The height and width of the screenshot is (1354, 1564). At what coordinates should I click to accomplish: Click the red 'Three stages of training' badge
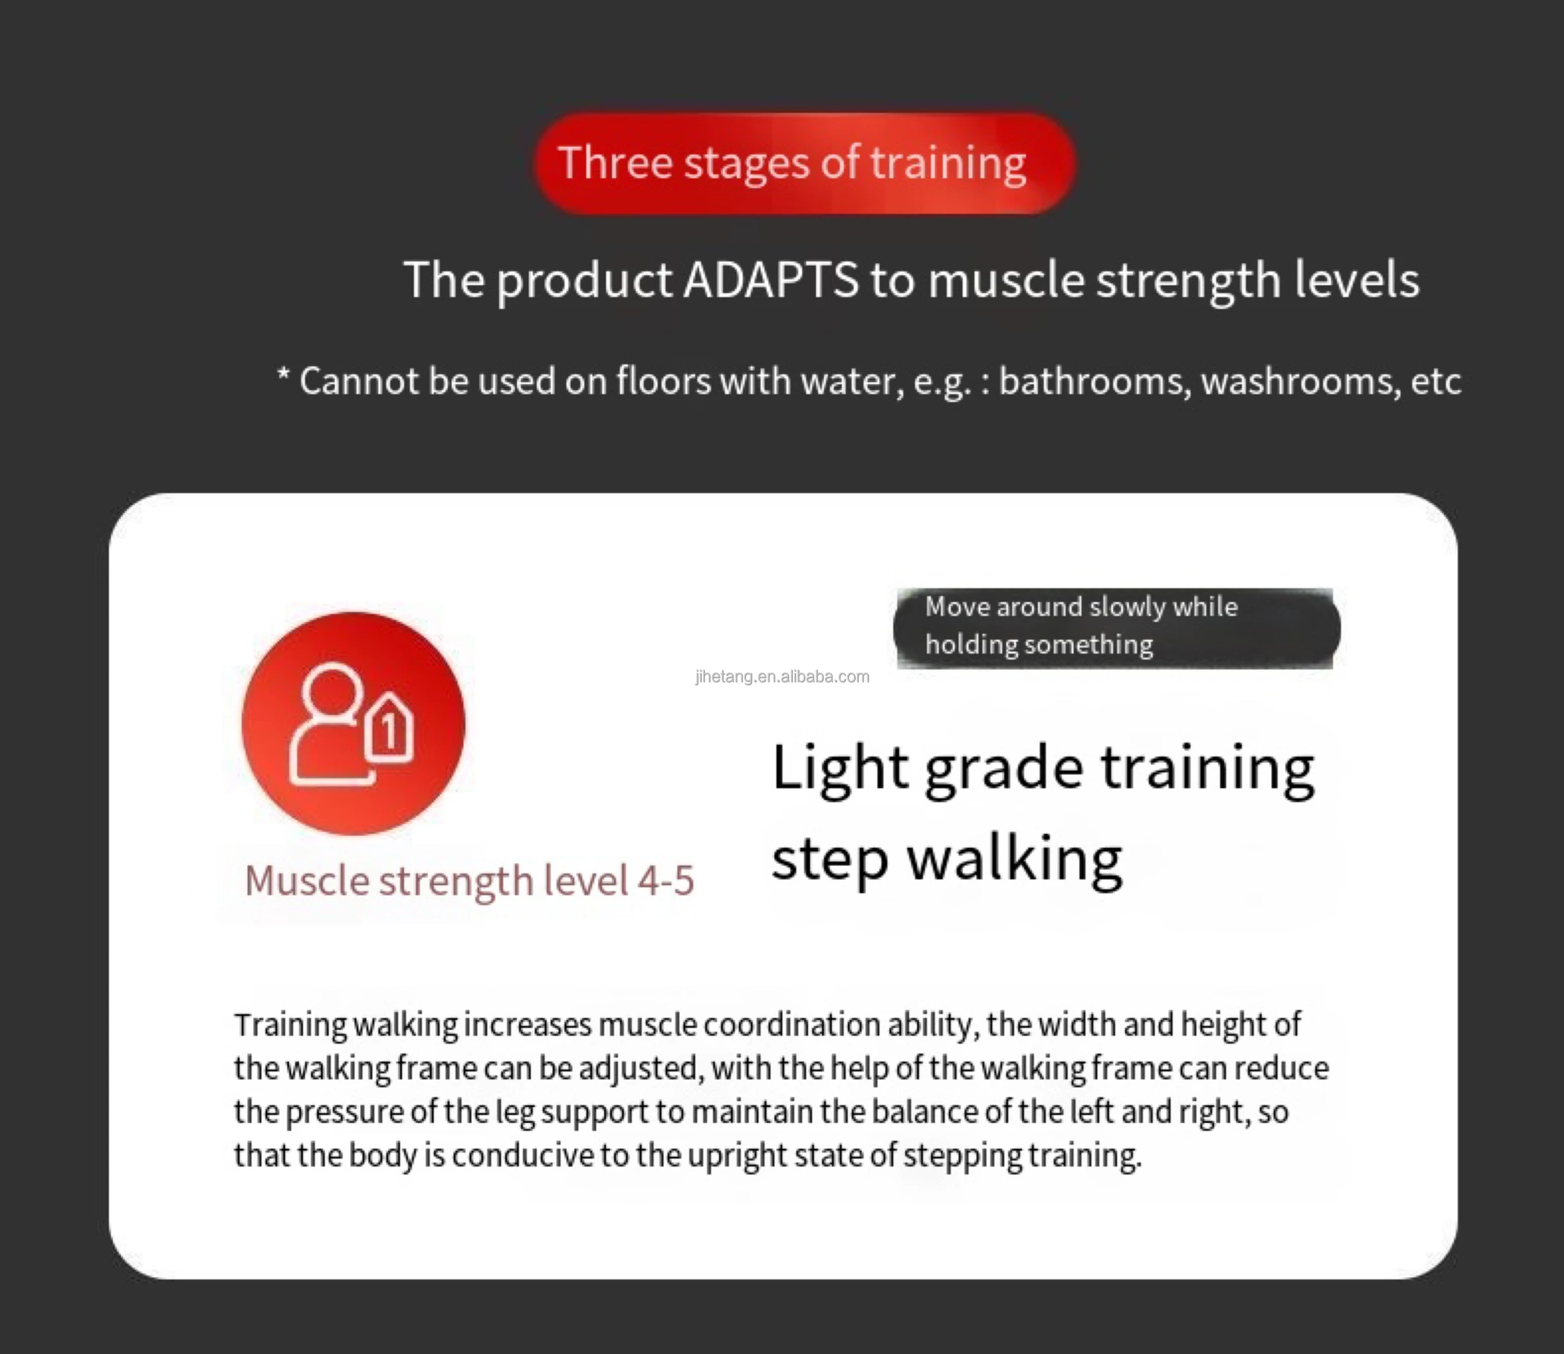805,163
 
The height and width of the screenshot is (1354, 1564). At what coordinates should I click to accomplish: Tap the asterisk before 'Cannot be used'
283,375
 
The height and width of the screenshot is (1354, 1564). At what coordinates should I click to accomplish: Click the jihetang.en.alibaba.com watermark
782,676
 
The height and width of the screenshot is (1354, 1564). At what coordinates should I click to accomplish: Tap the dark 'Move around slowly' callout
1116,628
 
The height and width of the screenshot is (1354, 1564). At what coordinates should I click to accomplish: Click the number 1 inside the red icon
389,731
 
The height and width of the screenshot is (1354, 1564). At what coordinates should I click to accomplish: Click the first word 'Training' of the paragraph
290,1025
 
